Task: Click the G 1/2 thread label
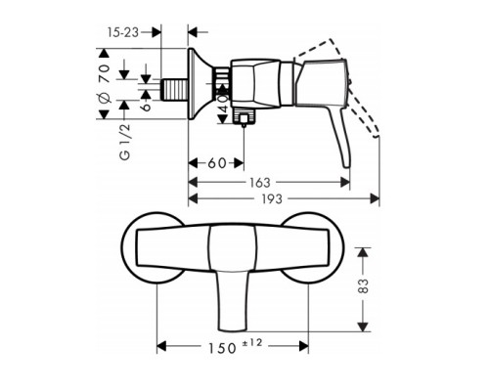125,143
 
